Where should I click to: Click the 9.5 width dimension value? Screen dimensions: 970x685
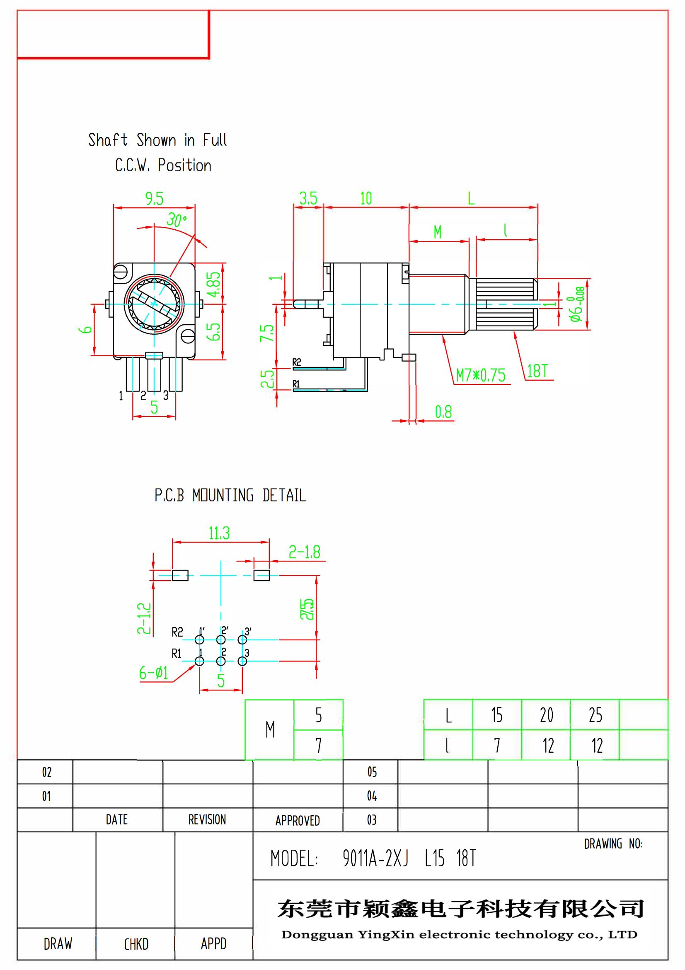pos(154,199)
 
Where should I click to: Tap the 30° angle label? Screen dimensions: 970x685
pos(176,219)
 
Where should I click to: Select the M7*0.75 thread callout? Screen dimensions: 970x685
pos(480,375)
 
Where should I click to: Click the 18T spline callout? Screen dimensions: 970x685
pos(537,371)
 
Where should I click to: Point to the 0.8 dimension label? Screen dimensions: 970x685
pos(443,411)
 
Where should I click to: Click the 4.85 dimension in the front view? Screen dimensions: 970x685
pos(214,284)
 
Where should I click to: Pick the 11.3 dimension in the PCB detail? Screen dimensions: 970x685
pos(219,533)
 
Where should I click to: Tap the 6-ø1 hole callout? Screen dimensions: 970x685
pos(154,673)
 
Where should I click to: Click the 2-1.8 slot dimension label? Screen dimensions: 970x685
pos(304,552)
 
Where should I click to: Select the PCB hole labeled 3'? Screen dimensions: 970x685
pos(242,639)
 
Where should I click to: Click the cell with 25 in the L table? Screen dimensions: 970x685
pos(595,715)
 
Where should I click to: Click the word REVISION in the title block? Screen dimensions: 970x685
pos(207,819)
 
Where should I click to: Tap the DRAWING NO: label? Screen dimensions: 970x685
pos(613,844)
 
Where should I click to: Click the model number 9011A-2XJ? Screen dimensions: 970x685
pos(375,858)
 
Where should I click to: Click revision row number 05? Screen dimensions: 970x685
pos(371,772)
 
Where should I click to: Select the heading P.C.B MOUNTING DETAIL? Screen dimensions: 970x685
pos(230,495)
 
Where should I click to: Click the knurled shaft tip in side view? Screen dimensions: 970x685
pos(506,304)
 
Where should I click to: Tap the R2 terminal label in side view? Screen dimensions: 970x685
pos(297,362)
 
